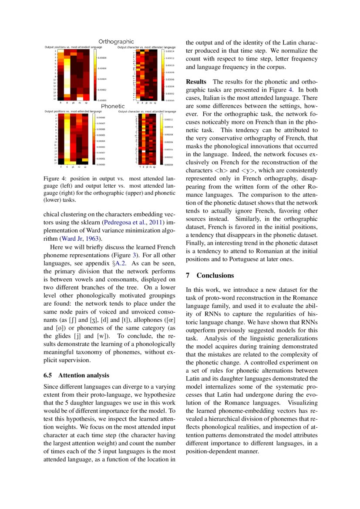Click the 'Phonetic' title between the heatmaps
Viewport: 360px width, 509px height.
113,106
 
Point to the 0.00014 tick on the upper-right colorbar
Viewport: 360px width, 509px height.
169,51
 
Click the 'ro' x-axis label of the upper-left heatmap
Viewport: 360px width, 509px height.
80,103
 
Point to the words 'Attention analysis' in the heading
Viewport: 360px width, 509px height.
84,375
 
